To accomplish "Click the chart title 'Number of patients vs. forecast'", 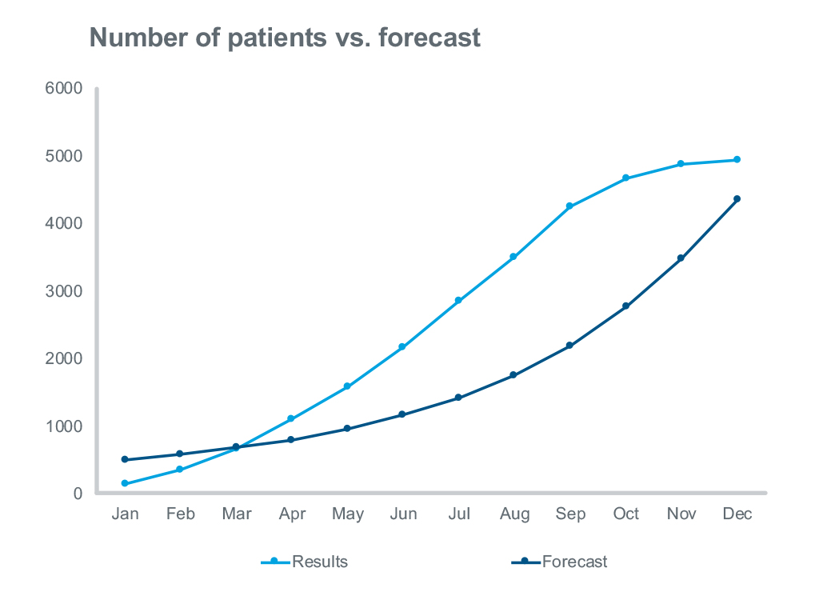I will [285, 38].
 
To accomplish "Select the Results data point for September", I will [569, 206].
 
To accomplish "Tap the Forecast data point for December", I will [737, 198].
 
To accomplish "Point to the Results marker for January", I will [125, 483].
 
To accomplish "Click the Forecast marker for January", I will [125, 459].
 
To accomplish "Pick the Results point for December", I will [737, 160].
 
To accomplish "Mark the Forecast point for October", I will [625, 306].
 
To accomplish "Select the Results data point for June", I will [402, 347].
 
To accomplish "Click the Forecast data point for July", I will [458, 398].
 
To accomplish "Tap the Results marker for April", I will [291, 418].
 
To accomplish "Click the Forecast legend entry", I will [559, 562].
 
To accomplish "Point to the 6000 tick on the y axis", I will [68, 89].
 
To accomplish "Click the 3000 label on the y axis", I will [68, 291].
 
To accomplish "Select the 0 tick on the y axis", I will [78, 494].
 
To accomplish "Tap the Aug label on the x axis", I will [514, 514].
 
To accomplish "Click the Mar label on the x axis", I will [236, 514].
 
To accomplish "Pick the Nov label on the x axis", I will [681, 514].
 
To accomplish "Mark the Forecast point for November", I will [681, 258].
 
